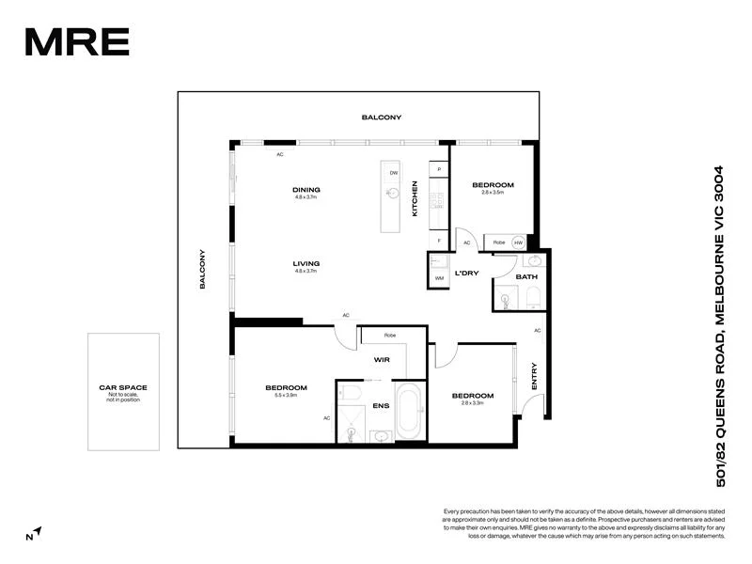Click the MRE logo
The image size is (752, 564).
pos(76,41)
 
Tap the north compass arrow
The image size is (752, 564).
pos(35,533)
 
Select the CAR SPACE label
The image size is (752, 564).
pos(123,387)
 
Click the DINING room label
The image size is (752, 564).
pos(306,190)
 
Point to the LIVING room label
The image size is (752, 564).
pos(306,263)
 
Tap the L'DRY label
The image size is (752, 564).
pos(468,273)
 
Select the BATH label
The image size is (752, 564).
pos(526,276)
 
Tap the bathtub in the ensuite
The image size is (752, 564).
pos(410,410)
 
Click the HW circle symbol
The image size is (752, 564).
pos(518,243)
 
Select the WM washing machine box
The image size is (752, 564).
pos(439,278)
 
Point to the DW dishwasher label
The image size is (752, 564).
pos(394,173)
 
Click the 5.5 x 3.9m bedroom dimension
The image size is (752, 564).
pos(286,396)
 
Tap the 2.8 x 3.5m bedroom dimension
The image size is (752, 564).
pos(493,193)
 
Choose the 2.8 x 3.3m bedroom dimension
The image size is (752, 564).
pos(472,403)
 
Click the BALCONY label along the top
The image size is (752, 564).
pos(382,117)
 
